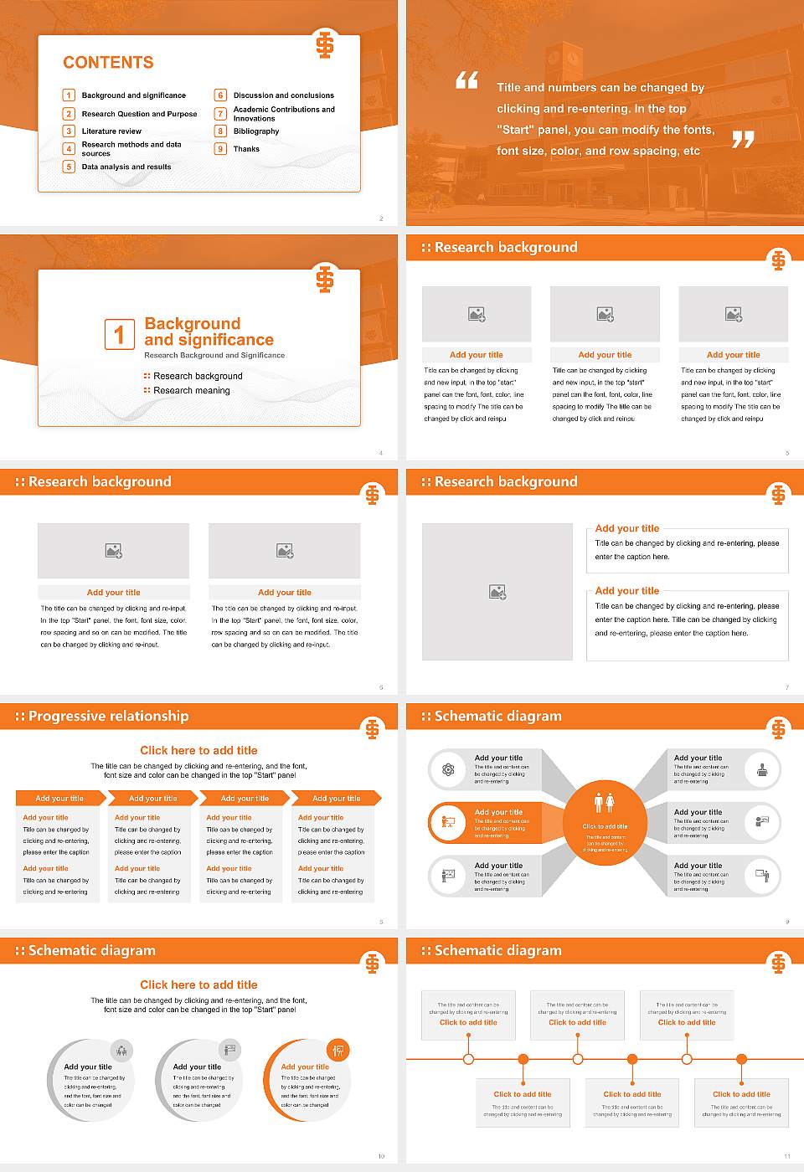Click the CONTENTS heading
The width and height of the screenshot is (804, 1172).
coord(108,63)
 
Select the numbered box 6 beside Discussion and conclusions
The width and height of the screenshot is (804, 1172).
coord(221,95)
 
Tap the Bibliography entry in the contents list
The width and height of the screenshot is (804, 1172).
coord(256,131)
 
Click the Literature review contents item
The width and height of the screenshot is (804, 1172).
coord(111,131)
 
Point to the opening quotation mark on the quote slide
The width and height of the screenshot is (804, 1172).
coord(466,80)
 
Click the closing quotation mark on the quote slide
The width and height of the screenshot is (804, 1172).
coord(743,140)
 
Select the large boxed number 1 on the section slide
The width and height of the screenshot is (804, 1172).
coord(119,334)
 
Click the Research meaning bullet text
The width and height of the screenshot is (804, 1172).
coord(192,391)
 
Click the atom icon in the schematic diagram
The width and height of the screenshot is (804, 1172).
coord(448,769)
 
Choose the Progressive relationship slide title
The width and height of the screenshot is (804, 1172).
coord(108,717)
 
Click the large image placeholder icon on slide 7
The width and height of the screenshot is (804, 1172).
coord(497,592)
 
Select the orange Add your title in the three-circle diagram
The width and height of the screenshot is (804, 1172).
coord(305,1067)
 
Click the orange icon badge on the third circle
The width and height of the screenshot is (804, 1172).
coord(338,1050)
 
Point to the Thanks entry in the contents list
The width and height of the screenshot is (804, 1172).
coord(246,149)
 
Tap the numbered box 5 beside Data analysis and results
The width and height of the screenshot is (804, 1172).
coord(70,167)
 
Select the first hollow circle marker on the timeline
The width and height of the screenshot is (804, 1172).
coord(468,1059)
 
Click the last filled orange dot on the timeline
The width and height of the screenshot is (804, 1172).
coord(741,1059)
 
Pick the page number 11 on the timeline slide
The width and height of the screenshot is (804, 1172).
coord(786,1156)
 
